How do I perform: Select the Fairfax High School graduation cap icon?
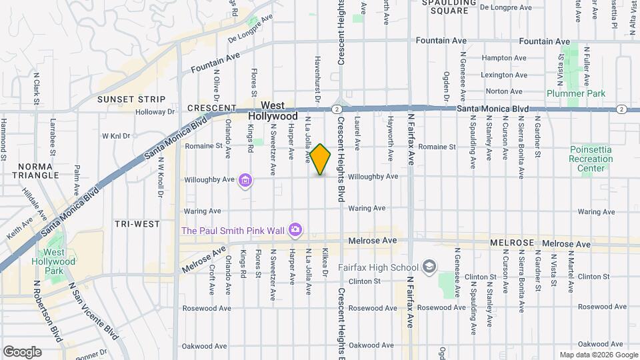coord(429,267)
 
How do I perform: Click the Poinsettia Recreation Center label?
coord(591,159)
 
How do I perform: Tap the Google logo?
coord(22,351)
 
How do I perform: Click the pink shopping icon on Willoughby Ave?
coord(245,180)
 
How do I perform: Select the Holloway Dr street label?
coord(155,112)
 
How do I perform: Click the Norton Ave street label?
coord(504,91)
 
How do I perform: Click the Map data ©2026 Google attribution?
coord(598,355)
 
